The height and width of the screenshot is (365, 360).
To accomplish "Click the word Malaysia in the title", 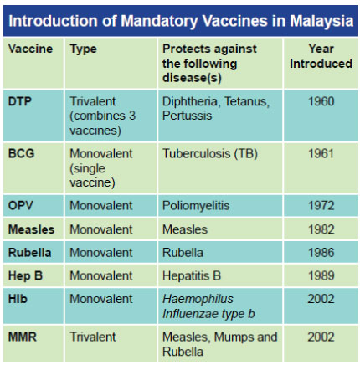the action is pos(321,21).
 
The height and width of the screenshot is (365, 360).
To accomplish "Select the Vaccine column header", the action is pos(30,49).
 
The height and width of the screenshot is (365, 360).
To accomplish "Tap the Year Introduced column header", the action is pos(321,56).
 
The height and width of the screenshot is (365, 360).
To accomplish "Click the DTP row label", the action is pos(19,101).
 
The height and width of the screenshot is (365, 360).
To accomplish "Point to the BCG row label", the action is pos(22,153).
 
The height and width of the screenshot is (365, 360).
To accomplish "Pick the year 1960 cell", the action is pos(321,101).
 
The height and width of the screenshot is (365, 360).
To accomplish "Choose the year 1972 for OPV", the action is pos(321,206).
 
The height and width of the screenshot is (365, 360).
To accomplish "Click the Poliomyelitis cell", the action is pos(196,206).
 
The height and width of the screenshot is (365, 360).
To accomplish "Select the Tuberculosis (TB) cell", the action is pos(210,154).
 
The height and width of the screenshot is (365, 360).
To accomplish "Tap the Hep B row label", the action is pos(25,276).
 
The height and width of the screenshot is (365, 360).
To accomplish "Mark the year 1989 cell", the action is pos(321,275).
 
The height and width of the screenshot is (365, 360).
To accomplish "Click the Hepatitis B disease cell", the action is pos(192,276).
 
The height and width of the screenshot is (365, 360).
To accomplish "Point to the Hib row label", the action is pos(18,299).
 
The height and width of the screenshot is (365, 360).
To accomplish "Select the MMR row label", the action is pos(23,337).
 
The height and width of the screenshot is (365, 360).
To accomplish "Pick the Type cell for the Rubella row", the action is pos(101,253).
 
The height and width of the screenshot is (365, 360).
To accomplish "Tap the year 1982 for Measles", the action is pos(321,229).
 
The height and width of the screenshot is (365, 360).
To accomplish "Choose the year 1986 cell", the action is pos(321,253).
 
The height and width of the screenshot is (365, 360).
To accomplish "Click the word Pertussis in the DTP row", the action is pos(187,116).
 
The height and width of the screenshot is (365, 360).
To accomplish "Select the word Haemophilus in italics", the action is pos(198,299).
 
